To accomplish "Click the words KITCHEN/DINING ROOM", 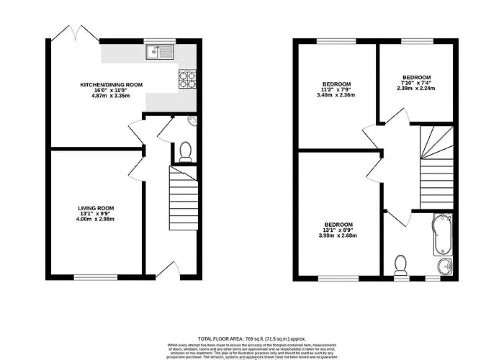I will point(111,85).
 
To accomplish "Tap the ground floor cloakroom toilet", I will point(185,150).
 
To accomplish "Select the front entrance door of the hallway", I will point(166,270).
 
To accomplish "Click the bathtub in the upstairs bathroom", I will point(441,235).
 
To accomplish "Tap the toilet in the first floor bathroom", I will point(402,266).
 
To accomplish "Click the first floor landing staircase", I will point(436,166).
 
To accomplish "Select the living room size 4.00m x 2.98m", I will point(96,219).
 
